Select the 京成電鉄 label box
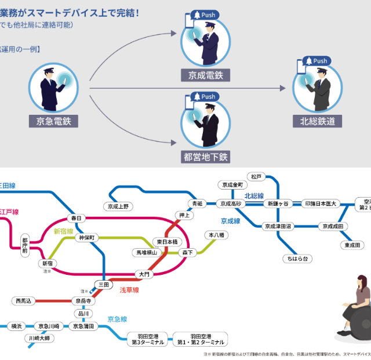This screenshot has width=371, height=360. coord(205,75)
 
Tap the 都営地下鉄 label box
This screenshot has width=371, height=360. coord(205,157)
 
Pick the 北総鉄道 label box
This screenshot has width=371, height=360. coord(317,122)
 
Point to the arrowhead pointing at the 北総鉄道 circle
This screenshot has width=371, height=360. coord(283,89)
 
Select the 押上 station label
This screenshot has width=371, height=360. coord(185,216)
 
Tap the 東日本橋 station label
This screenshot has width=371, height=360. coord(169,241)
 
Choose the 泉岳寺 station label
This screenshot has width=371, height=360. coord(83,301)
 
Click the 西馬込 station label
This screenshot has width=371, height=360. coord(25,301)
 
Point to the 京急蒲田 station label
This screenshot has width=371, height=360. coord(85,327)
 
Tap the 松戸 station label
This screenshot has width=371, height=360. coord(256,176)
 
